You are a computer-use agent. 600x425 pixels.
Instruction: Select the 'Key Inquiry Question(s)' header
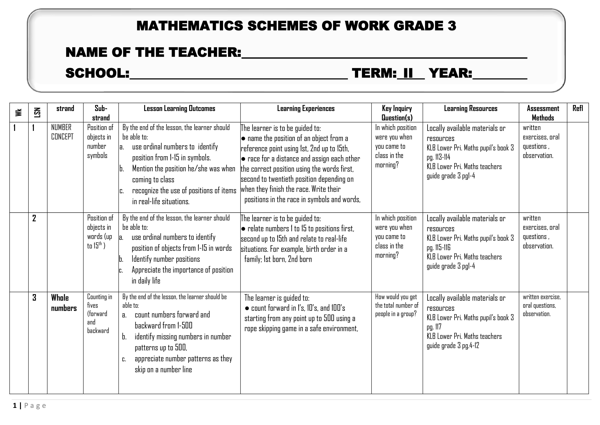tap(397, 113)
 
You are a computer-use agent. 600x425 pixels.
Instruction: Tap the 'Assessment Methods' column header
tap(543, 113)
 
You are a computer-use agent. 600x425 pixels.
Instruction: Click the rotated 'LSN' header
tap(38, 113)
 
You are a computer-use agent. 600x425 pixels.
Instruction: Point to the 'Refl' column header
tap(578, 108)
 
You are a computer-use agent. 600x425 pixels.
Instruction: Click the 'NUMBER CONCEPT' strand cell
tap(62, 132)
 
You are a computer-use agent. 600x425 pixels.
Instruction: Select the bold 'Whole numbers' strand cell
tap(64, 303)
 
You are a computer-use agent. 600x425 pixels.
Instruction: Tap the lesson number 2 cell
tap(34, 218)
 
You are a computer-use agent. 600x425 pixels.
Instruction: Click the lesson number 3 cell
tap(34, 298)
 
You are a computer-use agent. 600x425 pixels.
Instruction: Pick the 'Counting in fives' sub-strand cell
tap(100, 301)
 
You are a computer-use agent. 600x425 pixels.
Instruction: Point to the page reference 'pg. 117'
tap(434, 327)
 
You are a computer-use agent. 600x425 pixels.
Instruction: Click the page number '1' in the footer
tap(15, 406)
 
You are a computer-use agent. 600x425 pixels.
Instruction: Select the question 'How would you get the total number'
tap(396, 301)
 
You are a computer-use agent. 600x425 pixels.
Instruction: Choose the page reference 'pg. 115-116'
tap(439, 247)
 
